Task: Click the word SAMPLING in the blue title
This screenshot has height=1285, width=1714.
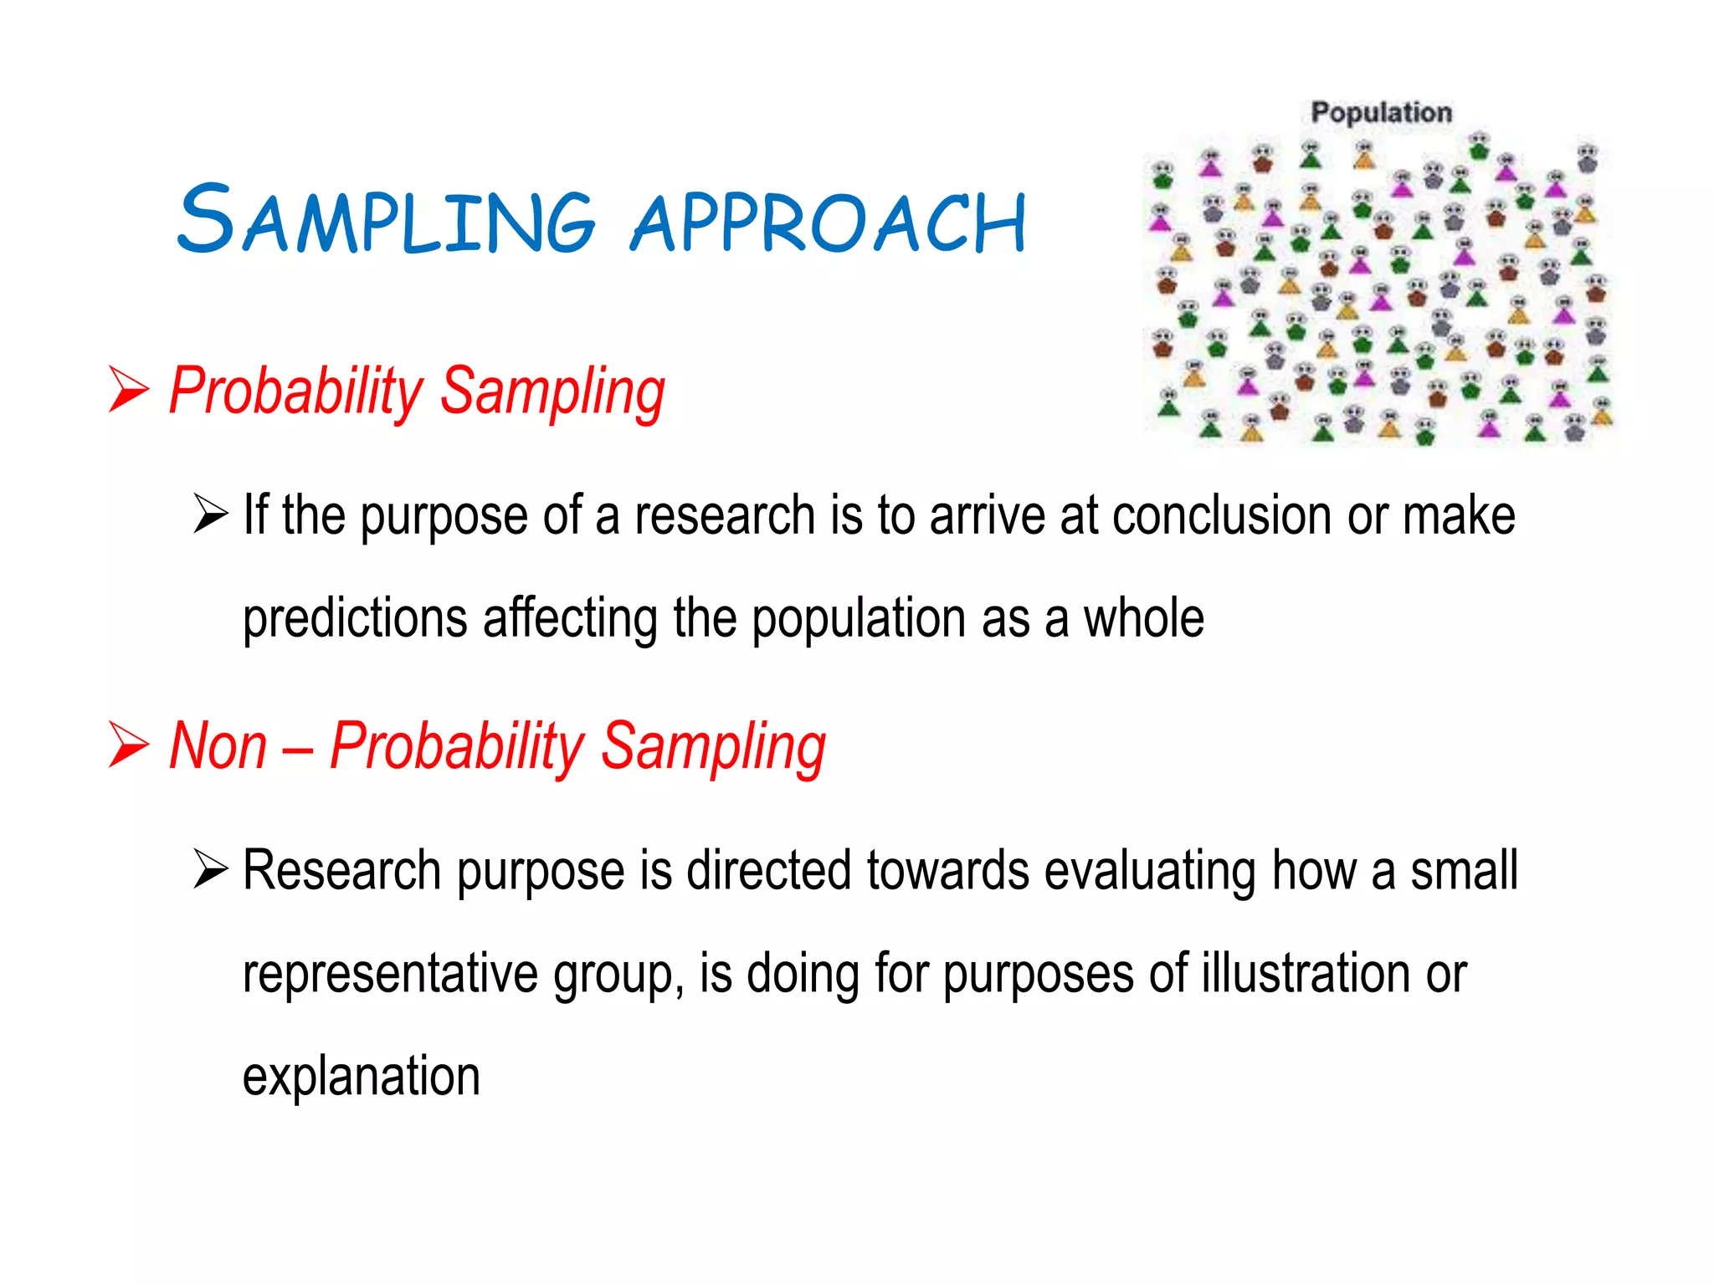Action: coord(385,219)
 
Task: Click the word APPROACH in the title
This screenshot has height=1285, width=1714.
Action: coord(829,222)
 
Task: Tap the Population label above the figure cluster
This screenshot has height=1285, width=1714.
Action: coord(1381,112)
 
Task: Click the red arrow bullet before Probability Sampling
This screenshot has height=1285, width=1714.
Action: coord(128,390)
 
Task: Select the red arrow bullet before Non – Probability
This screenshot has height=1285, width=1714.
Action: coord(128,745)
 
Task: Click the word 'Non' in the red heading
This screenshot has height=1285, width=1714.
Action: coord(218,746)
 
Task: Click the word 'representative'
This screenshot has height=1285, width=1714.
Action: coord(389,975)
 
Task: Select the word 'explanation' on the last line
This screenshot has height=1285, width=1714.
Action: coord(362,1077)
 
